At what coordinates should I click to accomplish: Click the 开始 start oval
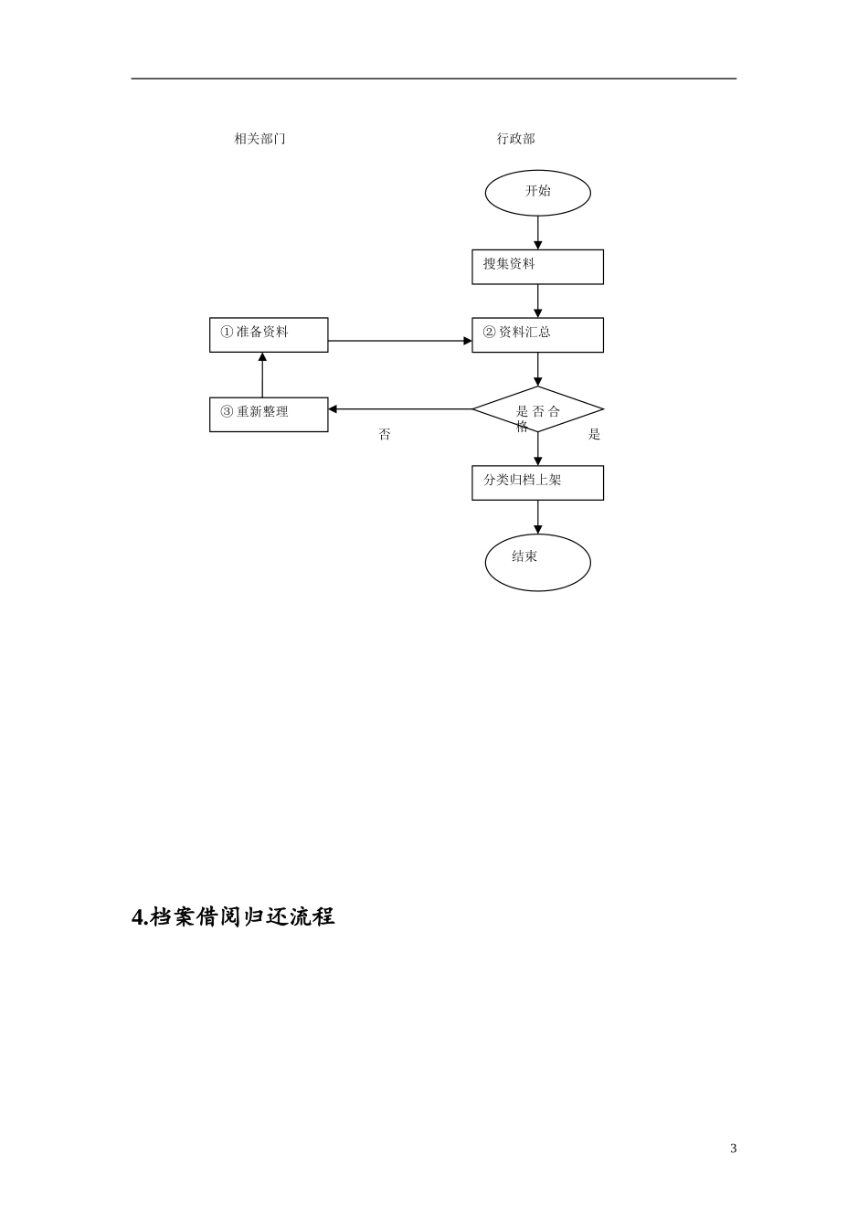[x=537, y=193]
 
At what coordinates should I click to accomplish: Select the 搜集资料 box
[x=537, y=267]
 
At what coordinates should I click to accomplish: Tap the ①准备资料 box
[x=269, y=334]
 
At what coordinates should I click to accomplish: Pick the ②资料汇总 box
[x=537, y=334]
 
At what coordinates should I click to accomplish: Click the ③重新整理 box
[x=269, y=414]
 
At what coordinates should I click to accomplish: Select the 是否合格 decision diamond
[x=537, y=409]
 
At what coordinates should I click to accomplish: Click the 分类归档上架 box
[x=537, y=482]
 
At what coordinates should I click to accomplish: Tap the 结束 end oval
[x=537, y=562]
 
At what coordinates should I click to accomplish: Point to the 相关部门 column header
[x=259, y=139]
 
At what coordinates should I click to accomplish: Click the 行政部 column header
[x=515, y=139]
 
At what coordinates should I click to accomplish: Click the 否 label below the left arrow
[x=385, y=435]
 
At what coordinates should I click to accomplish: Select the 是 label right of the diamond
[x=594, y=435]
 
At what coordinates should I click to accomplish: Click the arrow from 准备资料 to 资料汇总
[x=399, y=341]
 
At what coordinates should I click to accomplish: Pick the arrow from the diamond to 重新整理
[x=399, y=409]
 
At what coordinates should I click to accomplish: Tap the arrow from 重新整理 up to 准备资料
[x=262, y=375]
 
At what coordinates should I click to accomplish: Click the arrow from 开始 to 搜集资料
[x=537, y=233]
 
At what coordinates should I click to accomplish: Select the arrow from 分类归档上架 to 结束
[x=537, y=517]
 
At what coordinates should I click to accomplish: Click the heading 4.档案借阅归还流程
[x=234, y=916]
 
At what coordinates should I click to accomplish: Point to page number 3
[x=733, y=1149]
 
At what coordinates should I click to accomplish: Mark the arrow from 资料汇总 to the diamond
[x=537, y=369]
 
